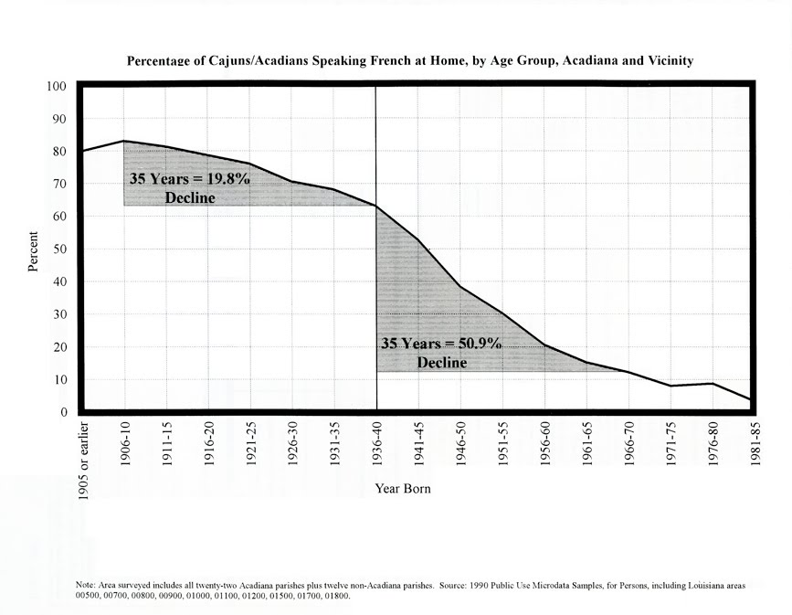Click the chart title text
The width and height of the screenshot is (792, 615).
tap(409, 61)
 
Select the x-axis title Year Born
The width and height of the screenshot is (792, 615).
tap(403, 489)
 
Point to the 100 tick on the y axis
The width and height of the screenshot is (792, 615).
tap(57, 87)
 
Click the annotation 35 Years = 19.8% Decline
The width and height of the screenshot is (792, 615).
tap(189, 188)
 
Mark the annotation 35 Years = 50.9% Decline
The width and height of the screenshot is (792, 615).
tap(441, 353)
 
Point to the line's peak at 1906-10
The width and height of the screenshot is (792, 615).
tap(124, 141)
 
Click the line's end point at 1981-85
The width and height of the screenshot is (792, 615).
tap(751, 400)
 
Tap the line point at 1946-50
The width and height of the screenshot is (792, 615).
tap(460, 287)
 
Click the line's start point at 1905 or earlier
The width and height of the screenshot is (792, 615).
tap(83, 151)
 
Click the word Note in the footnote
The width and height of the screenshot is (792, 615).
tap(85, 584)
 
